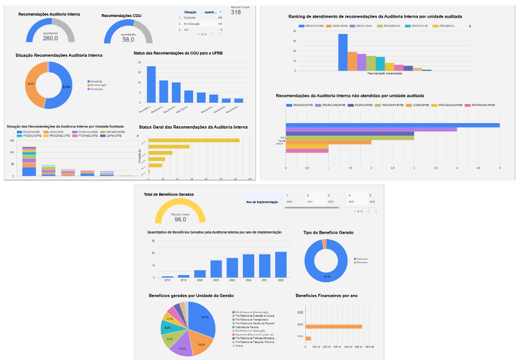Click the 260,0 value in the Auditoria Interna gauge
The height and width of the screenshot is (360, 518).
click(50, 38)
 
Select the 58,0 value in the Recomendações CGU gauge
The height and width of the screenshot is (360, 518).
click(128, 39)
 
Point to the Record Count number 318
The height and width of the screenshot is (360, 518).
click(236, 12)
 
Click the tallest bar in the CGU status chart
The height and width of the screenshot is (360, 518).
click(151, 84)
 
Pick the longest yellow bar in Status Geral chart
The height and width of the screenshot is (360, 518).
click(194, 141)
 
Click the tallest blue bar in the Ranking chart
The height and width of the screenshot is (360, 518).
click(343, 52)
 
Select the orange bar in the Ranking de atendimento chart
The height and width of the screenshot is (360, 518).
click(352, 61)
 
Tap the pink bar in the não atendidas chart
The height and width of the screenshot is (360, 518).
click(307, 150)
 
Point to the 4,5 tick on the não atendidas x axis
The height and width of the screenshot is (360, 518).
click(478, 168)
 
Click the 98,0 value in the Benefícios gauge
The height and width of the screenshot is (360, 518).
click(180, 219)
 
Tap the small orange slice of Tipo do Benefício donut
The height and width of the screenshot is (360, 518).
click(324, 241)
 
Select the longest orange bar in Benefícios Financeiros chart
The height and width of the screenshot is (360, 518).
click(333, 327)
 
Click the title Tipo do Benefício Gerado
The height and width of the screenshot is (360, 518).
click(328, 233)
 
